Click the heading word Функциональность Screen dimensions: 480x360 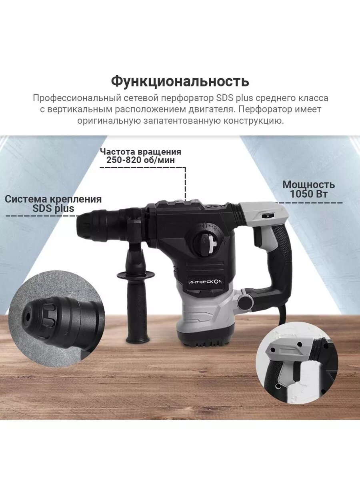pyautogui.click(x=180, y=81)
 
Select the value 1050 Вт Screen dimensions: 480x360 pyautogui.click(x=308, y=194)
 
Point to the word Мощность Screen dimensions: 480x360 pyautogui.click(x=308, y=185)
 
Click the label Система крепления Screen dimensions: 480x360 pyautogui.click(x=53, y=199)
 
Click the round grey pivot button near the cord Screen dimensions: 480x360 pyautogui.click(x=244, y=301)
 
